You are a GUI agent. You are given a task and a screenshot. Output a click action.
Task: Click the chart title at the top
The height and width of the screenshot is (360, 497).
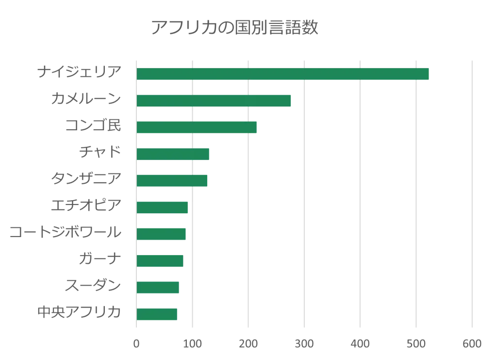point(234,27)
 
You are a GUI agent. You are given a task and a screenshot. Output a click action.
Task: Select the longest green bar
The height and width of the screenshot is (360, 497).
point(283,74)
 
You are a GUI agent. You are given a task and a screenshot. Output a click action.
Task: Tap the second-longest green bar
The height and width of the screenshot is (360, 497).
point(214,101)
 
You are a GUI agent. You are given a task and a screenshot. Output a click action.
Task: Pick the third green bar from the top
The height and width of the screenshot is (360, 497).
point(198,127)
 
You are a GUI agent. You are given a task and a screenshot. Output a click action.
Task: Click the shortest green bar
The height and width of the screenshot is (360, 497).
point(157,314)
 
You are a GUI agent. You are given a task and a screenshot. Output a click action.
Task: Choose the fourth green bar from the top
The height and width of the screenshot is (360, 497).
point(173,154)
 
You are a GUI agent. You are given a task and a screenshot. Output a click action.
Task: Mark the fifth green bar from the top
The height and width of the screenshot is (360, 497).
point(173,181)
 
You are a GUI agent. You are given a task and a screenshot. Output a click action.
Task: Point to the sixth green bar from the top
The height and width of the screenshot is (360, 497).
point(163,207)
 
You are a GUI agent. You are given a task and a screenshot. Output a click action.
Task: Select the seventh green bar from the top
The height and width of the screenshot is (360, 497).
point(162,234)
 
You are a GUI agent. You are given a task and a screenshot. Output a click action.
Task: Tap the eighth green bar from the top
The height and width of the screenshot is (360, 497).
point(161,260)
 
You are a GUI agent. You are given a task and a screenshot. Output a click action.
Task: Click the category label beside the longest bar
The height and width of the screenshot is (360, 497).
point(80,72)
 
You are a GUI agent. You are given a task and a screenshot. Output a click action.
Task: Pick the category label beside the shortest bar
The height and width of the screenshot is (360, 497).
point(78,312)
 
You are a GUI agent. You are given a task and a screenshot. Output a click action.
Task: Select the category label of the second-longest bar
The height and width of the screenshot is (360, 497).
point(85,99)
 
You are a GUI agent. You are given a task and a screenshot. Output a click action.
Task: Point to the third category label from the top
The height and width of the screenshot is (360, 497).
point(95,126)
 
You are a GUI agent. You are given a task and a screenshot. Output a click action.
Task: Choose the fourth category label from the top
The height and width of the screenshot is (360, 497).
point(99,153)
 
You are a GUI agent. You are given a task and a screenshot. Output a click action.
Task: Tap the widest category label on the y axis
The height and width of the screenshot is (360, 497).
point(66,233)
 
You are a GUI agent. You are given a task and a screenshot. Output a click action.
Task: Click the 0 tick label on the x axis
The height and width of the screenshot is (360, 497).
point(136,344)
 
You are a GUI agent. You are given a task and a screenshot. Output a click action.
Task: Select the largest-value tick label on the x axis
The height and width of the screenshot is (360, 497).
point(471,344)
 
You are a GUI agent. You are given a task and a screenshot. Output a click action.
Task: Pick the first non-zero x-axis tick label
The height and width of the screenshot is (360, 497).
point(192,344)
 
